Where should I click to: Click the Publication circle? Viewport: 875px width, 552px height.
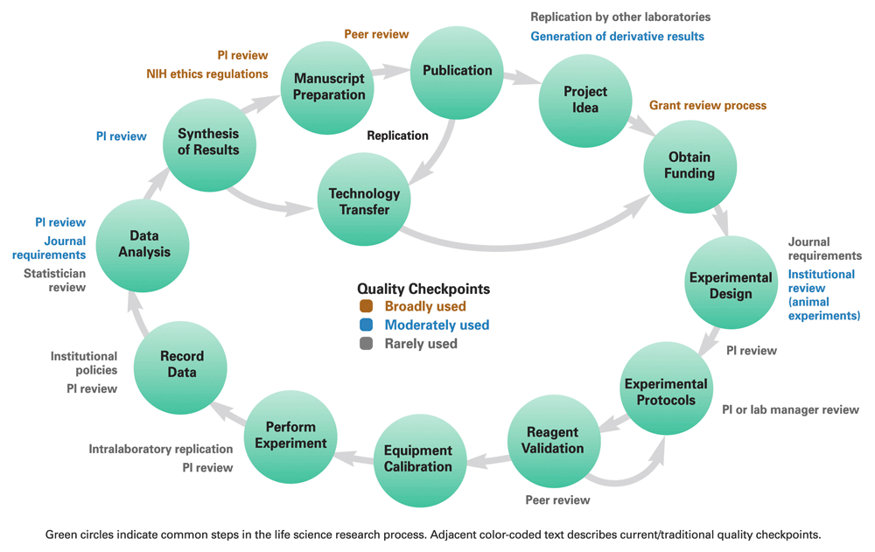pyautogui.click(x=457, y=73)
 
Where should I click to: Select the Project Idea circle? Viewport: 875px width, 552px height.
pyautogui.click(x=585, y=101)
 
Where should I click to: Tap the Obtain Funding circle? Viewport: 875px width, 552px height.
pyautogui.click(x=689, y=166)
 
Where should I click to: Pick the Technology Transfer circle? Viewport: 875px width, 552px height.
pyautogui.click(x=364, y=199)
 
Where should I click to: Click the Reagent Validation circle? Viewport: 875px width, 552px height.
pyautogui.click(x=554, y=441)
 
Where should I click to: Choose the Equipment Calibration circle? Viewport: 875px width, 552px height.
pyautogui.click(x=420, y=460)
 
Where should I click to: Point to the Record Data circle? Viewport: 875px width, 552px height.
pyautogui.click(x=180, y=367)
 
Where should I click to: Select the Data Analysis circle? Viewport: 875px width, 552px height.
pyautogui.click(x=143, y=246)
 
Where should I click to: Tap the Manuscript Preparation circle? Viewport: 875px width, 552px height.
pyautogui.click(x=327, y=87)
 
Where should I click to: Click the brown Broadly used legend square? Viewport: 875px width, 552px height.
pyautogui.click(x=366, y=306)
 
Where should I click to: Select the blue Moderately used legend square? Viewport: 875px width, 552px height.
pyautogui.click(x=366, y=325)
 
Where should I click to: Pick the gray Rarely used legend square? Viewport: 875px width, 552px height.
pyautogui.click(x=366, y=343)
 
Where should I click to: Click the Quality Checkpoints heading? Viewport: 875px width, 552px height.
pyautogui.click(x=423, y=289)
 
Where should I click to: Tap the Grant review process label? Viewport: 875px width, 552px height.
pyautogui.click(x=708, y=106)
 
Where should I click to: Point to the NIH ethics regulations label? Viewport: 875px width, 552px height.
pyautogui.click(x=207, y=73)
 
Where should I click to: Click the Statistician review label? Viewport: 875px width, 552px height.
pyautogui.click(x=54, y=280)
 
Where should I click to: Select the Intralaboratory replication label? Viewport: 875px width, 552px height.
pyautogui.click(x=161, y=449)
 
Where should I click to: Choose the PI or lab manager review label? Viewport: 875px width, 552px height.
pyautogui.click(x=790, y=409)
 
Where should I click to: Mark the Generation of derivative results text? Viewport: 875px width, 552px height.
pyautogui.click(x=617, y=36)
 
